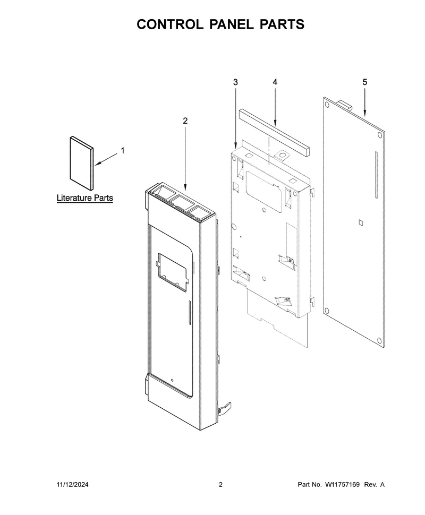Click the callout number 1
click(x=123, y=151)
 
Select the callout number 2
click(x=185, y=121)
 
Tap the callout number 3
click(x=235, y=82)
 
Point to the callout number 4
click(x=275, y=82)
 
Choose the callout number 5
click(x=365, y=82)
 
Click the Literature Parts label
click(x=85, y=198)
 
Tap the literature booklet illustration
click(x=81, y=163)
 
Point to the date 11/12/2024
click(x=73, y=484)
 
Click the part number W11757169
click(x=342, y=484)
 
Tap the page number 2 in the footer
click(x=220, y=484)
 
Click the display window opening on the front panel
click(x=172, y=272)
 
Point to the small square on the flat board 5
click(x=360, y=222)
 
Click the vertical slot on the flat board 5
click(x=376, y=175)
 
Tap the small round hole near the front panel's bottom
click(x=172, y=381)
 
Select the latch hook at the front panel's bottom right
click(x=224, y=409)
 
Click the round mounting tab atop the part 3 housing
click(x=282, y=155)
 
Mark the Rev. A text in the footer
click(x=374, y=484)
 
